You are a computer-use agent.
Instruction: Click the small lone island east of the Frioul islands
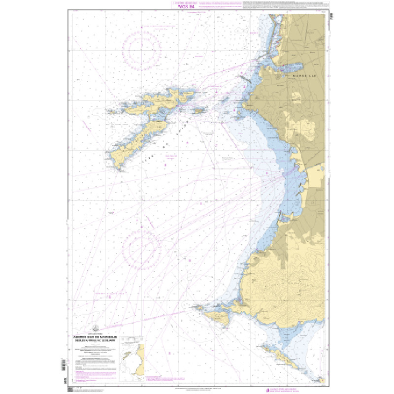(x=199, y=111)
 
